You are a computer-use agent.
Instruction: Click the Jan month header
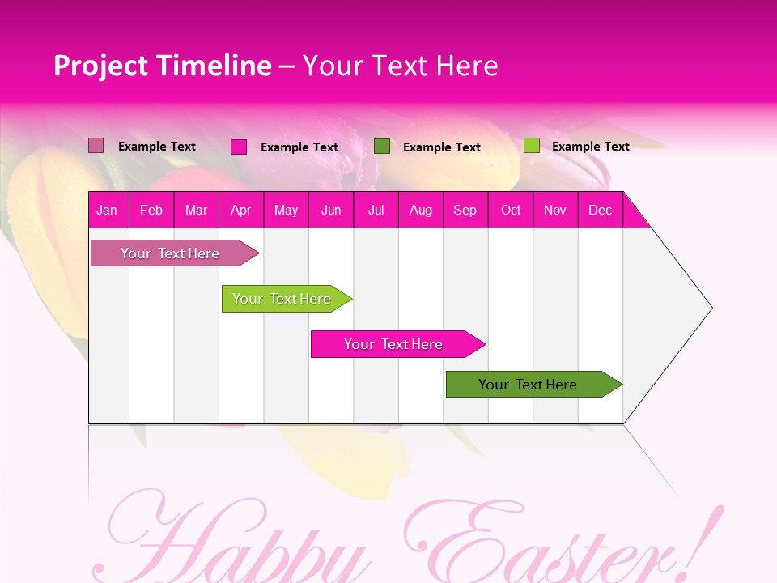[107, 211]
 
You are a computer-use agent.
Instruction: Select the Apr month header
[241, 211]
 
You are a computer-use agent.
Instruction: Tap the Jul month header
[376, 211]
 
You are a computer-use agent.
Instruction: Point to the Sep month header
[465, 211]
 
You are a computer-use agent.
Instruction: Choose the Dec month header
[600, 211]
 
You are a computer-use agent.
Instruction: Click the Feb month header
[151, 211]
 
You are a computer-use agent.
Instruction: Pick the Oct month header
[511, 211]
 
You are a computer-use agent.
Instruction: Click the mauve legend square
[96, 146]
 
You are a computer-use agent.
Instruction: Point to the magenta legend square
[239, 147]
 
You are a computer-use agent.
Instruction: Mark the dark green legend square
[382, 147]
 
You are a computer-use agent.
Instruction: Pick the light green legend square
[531, 146]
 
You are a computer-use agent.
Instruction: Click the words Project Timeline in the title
[163, 66]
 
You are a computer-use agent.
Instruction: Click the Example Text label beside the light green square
[591, 147]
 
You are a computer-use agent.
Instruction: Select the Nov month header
[555, 211]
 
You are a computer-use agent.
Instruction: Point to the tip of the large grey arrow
[711, 308]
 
